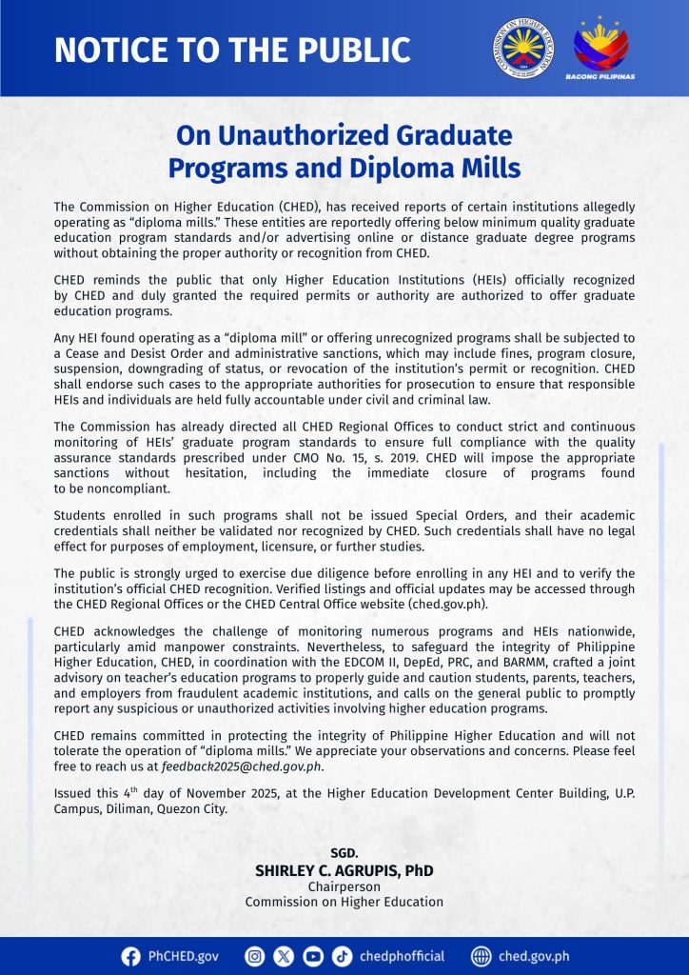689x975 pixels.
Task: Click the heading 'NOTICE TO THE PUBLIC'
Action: coord(232,50)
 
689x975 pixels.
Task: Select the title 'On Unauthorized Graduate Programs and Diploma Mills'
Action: coord(344,151)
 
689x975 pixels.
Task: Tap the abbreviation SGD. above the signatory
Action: coord(344,853)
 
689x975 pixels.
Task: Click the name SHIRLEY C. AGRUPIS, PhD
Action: coord(344,870)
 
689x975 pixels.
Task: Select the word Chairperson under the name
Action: coord(344,886)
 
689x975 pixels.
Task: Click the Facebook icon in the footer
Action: coord(131,956)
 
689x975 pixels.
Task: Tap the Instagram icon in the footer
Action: coord(254,956)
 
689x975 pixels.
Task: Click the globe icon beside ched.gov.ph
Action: coord(482,956)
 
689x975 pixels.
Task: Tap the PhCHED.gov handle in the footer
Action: coord(183,956)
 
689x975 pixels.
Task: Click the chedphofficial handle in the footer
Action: coord(402,956)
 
